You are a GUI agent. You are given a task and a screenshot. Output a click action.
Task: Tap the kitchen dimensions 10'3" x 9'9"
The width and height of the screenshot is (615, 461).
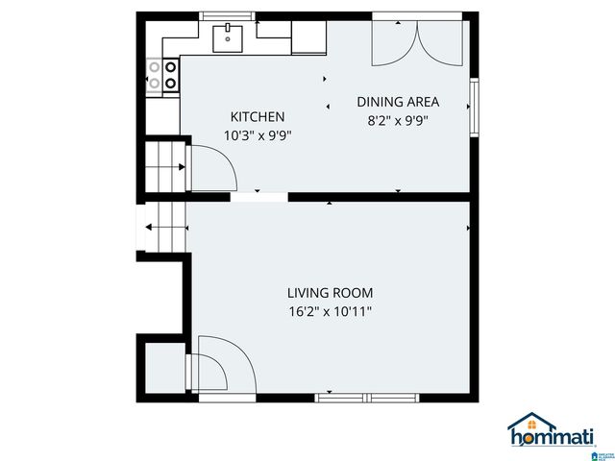click(x=257, y=135)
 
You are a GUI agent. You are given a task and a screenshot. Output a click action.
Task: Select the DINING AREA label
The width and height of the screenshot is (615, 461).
click(x=398, y=102)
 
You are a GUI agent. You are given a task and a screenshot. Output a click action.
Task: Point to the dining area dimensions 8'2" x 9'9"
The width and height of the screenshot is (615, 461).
click(x=398, y=121)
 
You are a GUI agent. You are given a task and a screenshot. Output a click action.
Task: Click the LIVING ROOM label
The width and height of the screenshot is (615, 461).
click(x=330, y=293)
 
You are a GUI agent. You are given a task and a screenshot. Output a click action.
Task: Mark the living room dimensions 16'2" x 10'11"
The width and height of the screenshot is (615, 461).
click(x=330, y=311)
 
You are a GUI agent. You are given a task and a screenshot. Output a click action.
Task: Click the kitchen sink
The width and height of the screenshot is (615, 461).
click(x=229, y=37)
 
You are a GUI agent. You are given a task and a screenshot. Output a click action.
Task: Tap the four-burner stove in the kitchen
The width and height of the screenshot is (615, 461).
click(x=162, y=75)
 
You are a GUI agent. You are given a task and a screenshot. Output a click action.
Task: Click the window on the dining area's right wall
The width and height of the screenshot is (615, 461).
click(x=473, y=107)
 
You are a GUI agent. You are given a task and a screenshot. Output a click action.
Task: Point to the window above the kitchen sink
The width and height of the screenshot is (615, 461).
click(x=229, y=16)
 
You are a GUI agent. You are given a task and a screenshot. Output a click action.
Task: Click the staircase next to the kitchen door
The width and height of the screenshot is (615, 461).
click(x=162, y=167)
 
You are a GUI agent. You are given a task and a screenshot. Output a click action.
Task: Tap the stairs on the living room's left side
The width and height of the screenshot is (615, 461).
click(x=163, y=228)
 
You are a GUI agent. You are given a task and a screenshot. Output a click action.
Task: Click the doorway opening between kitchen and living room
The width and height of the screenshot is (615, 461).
click(x=259, y=197)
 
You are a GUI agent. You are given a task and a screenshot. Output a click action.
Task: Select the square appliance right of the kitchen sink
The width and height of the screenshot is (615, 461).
click(x=308, y=37)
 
